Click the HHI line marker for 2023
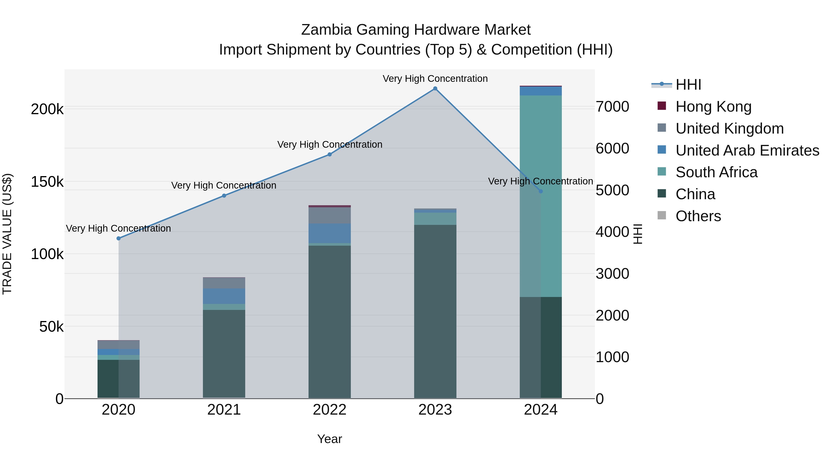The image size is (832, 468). [435, 89]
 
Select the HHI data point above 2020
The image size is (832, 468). [119, 238]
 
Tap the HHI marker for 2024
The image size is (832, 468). [541, 191]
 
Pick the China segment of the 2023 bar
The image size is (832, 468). [435, 310]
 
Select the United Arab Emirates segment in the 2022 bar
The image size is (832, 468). [329, 233]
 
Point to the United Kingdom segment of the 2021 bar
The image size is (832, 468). [224, 283]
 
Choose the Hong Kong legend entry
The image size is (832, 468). [713, 107]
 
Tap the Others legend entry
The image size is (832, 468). [698, 216]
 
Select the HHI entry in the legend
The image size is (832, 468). [688, 85]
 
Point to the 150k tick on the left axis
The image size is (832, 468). [47, 182]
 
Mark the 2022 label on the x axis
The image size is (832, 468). [329, 410]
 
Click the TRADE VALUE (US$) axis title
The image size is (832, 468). [7, 234]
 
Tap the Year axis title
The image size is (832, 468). [329, 439]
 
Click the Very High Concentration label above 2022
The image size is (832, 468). [329, 144]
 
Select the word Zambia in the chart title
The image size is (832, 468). [326, 30]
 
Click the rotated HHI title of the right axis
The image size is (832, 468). [637, 234]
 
